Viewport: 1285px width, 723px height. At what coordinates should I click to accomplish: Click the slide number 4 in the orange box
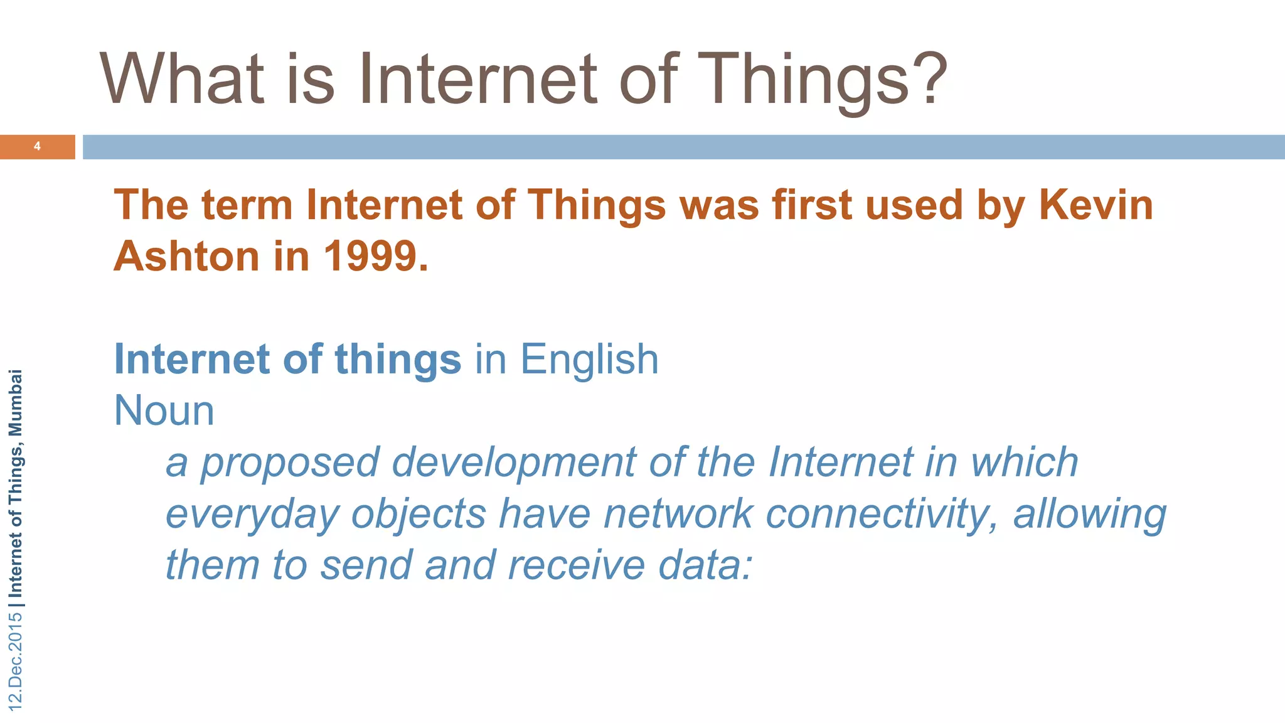pyautogui.click(x=37, y=146)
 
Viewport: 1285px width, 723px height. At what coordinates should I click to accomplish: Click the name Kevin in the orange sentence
pyautogui.click(x=1096, y=205)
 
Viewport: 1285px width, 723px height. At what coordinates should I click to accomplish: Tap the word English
pyautogui.click(x=589, y=360)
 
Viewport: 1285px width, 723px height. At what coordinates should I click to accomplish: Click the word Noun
pyautogui.click(x=164, y=411)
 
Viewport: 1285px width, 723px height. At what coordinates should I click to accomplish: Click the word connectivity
pyautogui.click(x=882, y=514)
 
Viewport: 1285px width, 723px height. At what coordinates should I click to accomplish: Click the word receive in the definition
pyautogui.click(x=576, y=565)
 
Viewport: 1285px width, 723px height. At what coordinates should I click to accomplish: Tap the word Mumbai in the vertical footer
pyautogui.click(x=16, y=402)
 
